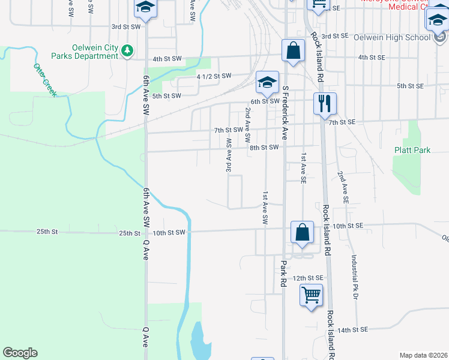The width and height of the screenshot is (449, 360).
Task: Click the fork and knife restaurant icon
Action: click(x=325, y=103)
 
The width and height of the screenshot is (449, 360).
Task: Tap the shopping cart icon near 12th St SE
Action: click(x=311, y=295)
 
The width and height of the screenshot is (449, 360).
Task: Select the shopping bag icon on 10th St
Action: click(x=303, y=232)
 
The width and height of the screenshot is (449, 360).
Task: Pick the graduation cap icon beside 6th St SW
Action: click(x=267, y=82)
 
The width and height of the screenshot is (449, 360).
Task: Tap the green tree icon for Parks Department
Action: click(x=127, y=51)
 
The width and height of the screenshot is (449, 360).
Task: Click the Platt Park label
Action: click(x=412, y=150)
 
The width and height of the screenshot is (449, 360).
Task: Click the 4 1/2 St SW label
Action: click(x=214, y=76)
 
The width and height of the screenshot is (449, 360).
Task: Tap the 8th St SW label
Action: click(x=264, y=147)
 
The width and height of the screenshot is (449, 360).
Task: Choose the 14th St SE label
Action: click(x=351, y=330)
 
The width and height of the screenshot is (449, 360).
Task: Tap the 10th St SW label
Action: click(x=170, y=232)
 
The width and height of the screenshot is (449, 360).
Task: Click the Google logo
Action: click(x=20, y=353)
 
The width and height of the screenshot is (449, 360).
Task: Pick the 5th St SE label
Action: click(x=411, y=86)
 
